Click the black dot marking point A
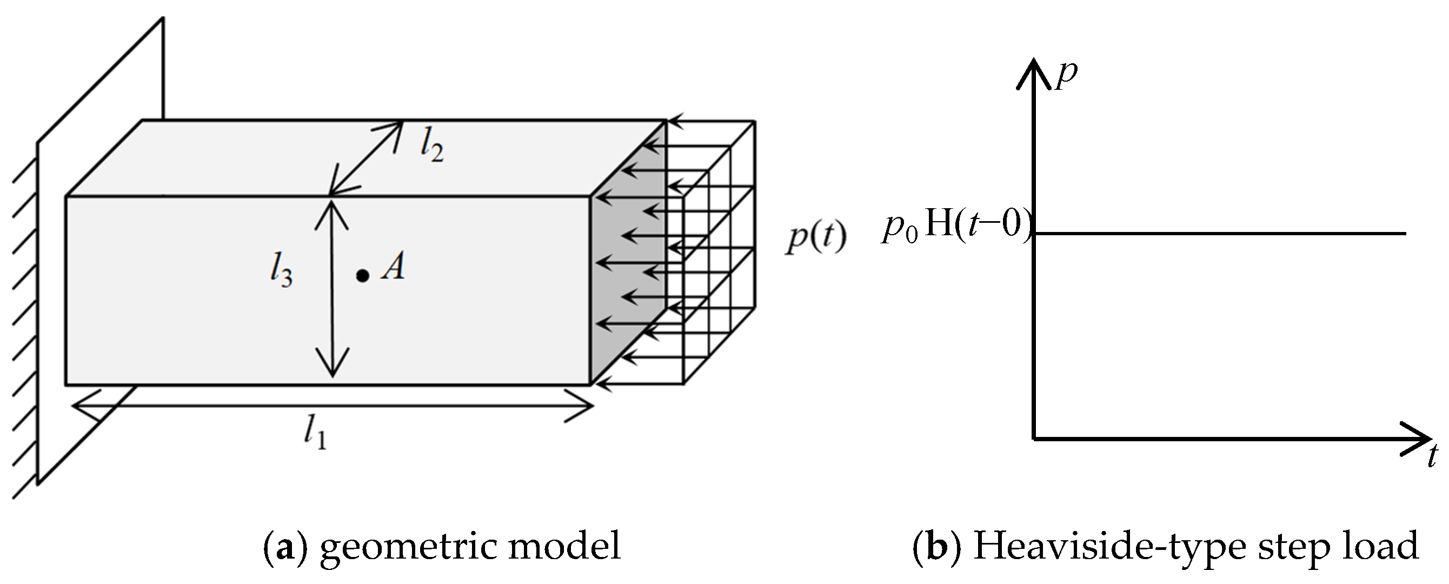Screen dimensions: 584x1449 (363, 276)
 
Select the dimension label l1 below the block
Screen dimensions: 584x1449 (315, 434)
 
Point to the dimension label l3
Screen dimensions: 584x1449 (280, 273)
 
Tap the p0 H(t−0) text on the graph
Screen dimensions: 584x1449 (956, 227)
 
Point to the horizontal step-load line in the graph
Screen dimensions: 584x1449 (1221, 233)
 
